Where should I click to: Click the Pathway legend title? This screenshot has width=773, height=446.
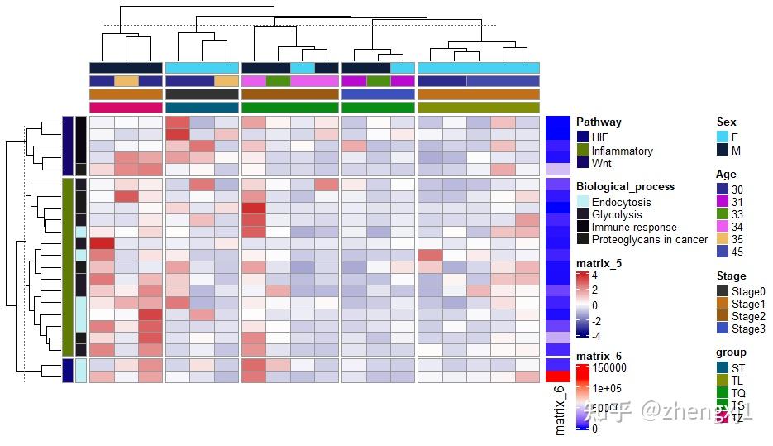(599, 122)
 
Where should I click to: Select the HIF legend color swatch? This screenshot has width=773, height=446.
(582, 137)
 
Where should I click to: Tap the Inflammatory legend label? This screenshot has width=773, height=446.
(623, 151)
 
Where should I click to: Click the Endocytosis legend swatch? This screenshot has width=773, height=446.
(582, 202)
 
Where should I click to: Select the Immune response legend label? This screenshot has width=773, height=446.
(634, 227)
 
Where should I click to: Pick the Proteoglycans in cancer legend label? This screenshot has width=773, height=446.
(650, 239)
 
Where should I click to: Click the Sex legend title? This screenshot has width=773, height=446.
(726, 122)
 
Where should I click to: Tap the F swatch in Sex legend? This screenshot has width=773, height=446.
(723, 137)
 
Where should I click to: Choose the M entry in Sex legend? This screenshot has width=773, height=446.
(735, 151)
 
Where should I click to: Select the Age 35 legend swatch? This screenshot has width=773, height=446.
(723, 239)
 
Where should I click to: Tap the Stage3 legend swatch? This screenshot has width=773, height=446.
(723, 329)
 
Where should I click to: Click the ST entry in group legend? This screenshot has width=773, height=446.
(738, 367)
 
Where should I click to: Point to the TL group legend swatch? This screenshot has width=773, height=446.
(723, 380)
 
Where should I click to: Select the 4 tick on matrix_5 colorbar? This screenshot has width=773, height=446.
(594, 276)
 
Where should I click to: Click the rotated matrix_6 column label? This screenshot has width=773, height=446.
(560, 410)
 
